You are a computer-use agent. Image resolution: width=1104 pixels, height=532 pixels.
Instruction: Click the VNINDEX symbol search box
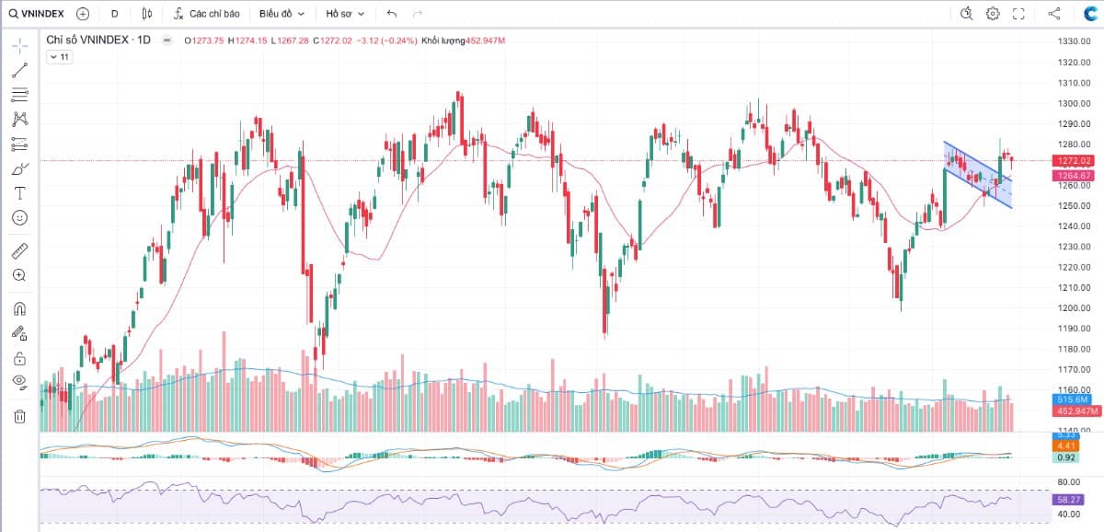tap(37, 14)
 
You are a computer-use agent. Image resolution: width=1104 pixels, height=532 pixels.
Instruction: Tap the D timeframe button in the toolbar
tap(114, 14)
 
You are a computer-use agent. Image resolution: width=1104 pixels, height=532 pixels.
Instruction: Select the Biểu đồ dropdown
tap(282, 14)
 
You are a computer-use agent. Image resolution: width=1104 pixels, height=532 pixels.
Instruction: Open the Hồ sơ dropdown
tap(345, 14)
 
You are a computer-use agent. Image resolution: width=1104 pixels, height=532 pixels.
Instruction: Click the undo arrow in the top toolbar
tap(392, 14)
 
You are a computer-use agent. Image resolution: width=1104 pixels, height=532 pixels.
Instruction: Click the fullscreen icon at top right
tap(1018, 14)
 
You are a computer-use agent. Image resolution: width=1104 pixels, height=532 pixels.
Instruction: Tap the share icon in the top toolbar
tap(1054, 14)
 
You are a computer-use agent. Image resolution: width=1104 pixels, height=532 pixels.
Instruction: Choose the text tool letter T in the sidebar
tap(19, 193)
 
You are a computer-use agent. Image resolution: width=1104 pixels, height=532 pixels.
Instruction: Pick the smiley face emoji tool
tap(19, 218)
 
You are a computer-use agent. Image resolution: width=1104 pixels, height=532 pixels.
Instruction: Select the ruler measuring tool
tap(19, 250)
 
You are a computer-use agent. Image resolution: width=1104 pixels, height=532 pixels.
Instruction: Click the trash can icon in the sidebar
tap(19, 416)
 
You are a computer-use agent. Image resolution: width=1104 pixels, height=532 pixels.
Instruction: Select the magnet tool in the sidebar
tap(19, 308)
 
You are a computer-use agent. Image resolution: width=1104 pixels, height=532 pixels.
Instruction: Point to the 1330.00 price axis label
tap(1074, 42)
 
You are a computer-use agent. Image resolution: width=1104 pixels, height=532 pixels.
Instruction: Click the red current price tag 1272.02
tap(1074, 161)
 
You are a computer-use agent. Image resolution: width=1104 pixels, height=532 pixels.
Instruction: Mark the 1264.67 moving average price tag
tap(1074, 175)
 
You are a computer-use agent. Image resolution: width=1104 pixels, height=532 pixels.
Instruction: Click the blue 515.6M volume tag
tap(1073, 399)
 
